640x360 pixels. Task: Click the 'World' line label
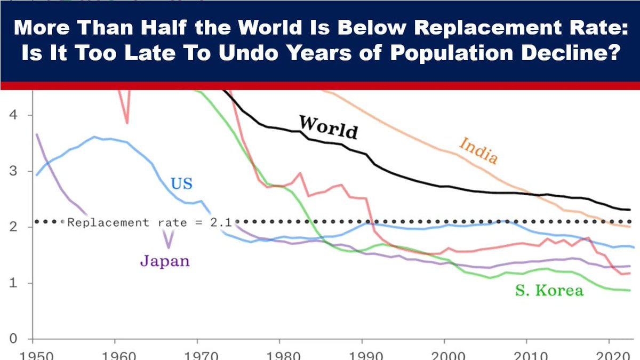(x=328, y=126)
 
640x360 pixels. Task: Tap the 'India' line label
(x=478, y=150)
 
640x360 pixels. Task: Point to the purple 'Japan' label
(x=165, y=261)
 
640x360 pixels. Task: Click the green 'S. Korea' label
(x=549, y=290)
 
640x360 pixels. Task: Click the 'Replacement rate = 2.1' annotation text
(x=149, y=222)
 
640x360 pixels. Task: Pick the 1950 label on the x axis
(x=33, y=355)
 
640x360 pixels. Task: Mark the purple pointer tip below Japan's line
(x=169, y=247)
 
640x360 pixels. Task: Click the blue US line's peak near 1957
(x=94, y=137)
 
